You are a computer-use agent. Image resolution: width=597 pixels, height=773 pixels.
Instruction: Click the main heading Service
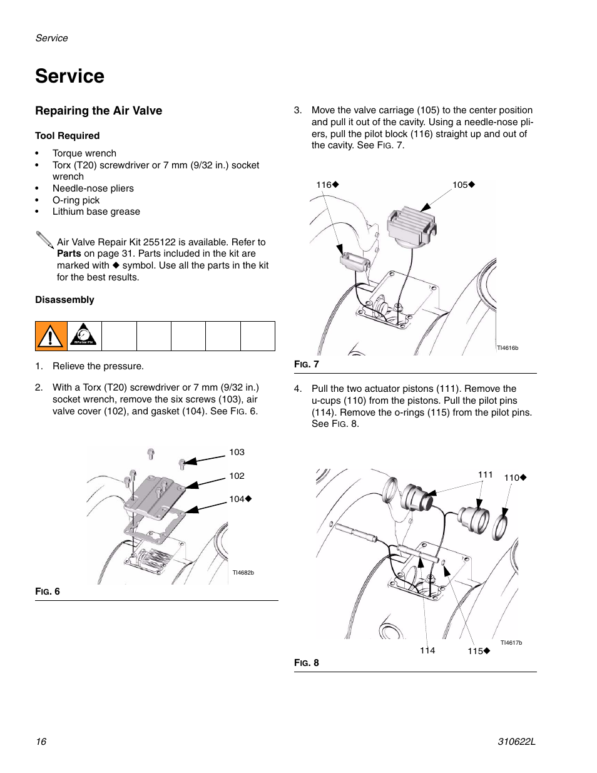69,76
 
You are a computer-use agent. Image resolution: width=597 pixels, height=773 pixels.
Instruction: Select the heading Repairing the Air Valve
98,111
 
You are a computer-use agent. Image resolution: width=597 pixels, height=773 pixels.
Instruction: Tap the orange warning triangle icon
51,336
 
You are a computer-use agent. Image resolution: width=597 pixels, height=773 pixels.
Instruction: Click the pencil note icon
44,240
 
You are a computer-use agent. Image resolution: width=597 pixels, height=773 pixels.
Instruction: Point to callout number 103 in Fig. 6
237,452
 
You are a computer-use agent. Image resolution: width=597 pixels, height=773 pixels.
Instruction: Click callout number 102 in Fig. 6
237,476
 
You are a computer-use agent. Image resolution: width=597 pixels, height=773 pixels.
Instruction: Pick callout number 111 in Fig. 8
485,474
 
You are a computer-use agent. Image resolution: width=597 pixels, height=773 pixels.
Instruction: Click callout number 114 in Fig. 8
427,650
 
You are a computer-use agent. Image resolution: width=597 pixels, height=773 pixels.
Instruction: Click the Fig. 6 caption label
48,591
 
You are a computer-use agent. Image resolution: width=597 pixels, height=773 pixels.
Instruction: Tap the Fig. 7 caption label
307,364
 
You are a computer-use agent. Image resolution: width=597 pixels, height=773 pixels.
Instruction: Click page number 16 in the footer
41,742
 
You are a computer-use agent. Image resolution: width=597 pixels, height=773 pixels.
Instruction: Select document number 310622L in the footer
516,742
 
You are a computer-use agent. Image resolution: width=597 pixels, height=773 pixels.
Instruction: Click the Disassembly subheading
64,300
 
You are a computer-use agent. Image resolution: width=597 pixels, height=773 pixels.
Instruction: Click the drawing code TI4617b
511,643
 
